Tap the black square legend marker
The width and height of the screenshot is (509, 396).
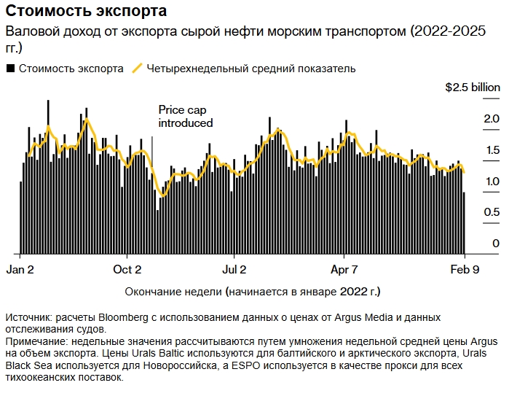click(10, 69)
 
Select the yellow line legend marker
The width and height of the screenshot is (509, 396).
click(136, 69)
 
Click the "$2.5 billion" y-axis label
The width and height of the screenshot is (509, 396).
click(473, 87)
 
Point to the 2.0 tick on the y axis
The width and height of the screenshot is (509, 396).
click(492, 118)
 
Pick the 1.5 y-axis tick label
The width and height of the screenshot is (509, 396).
click(492, 150)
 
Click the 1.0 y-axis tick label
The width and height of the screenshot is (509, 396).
click(492, 182)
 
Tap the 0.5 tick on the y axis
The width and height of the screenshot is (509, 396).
click(492, 212)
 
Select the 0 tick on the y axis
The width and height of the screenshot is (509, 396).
click(496, 244)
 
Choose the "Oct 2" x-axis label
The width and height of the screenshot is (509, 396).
click(127, 269)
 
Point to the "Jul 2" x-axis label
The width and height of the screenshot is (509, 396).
click(234, 269)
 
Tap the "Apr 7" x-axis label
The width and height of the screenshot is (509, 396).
click(344, 269)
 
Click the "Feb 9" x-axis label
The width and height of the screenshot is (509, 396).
click(463, 269)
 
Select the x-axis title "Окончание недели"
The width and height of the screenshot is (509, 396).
click(173, 292)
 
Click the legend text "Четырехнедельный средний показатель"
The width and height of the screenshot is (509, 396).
click(250, 69)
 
